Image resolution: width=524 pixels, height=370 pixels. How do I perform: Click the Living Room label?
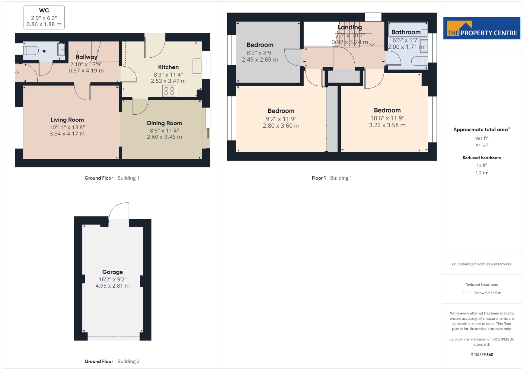[67, 120]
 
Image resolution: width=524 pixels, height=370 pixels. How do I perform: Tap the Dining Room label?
[164, 123]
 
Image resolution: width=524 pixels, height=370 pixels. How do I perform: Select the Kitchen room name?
[168, 67]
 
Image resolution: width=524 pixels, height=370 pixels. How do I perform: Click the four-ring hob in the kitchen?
[169, 91]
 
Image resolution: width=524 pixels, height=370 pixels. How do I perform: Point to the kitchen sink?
[197, 66]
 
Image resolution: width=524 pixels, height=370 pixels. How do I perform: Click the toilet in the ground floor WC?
[31, 50]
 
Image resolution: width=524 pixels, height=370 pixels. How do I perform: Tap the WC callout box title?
[44, 10]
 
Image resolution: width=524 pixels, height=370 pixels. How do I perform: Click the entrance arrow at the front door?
[16, 73]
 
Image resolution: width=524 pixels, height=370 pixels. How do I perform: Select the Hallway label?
[86, 57]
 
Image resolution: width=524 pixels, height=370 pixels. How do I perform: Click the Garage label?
[113, 272]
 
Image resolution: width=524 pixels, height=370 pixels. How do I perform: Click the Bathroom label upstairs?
[406, 32]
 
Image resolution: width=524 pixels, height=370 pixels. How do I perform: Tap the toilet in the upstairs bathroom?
[419, 61]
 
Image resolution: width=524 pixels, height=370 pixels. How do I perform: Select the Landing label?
[350, 27]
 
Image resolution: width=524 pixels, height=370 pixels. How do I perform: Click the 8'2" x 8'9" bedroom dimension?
[260, 53]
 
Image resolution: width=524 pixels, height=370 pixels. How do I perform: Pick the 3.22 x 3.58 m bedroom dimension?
[387, 125]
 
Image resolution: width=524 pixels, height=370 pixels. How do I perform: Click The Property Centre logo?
[482, 28]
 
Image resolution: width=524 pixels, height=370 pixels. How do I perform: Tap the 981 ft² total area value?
[482, 138]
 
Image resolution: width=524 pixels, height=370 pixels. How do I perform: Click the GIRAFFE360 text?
[482, 355]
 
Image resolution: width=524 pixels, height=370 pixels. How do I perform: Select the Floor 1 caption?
[319, 178]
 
